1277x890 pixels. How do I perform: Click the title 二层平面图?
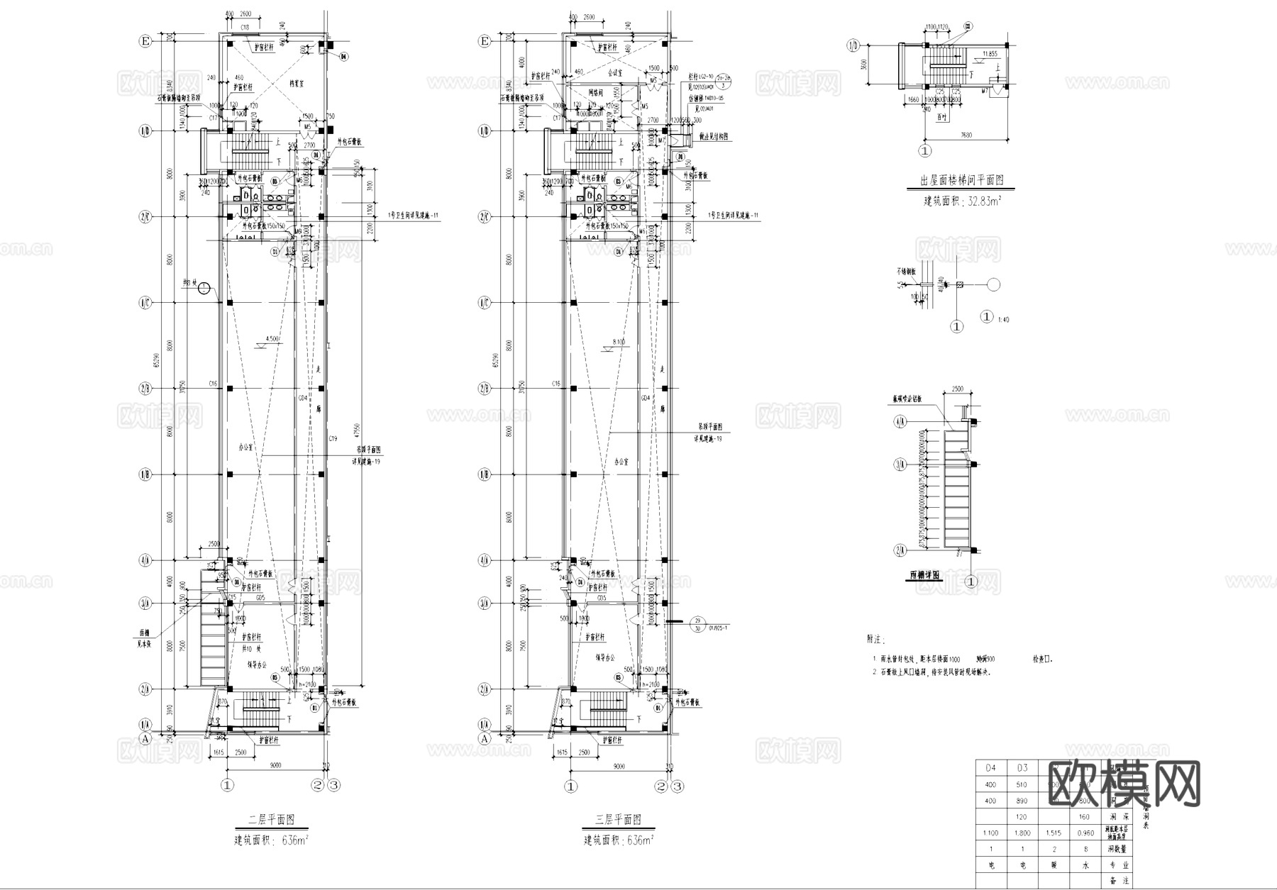coord(270,820)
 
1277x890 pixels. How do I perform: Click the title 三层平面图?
coord(617,820)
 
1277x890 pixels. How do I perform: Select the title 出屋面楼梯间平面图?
coord(961,181)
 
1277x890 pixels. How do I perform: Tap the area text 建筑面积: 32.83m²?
coord(961,201)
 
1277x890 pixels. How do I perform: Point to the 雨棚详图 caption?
coord(926,575)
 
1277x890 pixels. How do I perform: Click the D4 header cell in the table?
coord(991,767)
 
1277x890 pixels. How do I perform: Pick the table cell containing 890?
coord(1022,801)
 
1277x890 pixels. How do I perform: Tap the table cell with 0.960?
coord(1085,833)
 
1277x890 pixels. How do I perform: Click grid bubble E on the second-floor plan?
coord(145,42)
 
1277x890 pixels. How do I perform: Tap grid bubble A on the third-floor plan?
coord(485,738)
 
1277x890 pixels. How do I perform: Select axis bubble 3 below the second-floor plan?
coord(335,785)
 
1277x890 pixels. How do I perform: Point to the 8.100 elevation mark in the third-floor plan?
coord(619,343)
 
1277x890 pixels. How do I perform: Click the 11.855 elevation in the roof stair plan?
coord(990,54)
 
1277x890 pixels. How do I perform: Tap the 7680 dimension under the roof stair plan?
coord(966,135)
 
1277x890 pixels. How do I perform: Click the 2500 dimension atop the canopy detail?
coord(957,389)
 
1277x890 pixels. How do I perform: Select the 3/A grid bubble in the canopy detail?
coord(900,465)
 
